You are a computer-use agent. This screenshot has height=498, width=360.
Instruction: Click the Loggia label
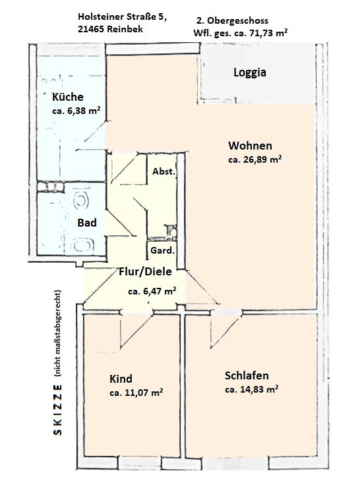coord(250,72)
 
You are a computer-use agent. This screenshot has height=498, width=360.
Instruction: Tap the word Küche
coord(68,97)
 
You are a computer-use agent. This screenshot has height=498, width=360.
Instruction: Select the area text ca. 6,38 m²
coord(76,111)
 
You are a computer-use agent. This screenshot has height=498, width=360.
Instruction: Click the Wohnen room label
coord(250,146)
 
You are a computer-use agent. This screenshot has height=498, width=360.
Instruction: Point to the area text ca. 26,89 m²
coord(255,159)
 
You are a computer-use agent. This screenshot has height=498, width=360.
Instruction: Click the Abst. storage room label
coord(164,171)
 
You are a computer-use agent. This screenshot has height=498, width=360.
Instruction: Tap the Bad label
coord(87,223)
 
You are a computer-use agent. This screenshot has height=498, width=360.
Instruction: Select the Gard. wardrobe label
coord(162,250)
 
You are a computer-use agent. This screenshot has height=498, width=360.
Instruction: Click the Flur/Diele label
coord(145,271)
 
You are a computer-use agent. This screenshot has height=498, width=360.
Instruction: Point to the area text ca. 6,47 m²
coord(152,291)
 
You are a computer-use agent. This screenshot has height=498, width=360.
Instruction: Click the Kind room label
coord(121,379)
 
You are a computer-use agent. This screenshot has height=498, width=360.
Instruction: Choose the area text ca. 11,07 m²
coord(136,393)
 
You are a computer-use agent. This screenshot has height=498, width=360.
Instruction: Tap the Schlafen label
coord(247,375)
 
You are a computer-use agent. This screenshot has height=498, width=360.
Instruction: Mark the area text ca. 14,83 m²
coord(252,389)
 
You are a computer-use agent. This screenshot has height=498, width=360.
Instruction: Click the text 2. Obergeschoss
coord(233,21)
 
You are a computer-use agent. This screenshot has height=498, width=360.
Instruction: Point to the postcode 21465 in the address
coord(91,29)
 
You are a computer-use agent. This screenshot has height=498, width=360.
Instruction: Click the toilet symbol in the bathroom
coord(81,200)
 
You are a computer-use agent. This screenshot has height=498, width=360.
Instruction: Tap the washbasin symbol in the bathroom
coord(82,245)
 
